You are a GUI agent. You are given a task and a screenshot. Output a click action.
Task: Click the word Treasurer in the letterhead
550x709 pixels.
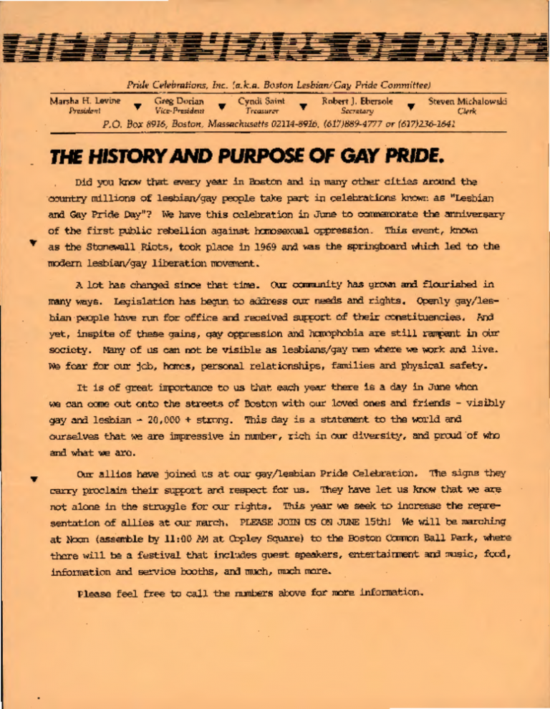pyautogui.click(x=256, y=112)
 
